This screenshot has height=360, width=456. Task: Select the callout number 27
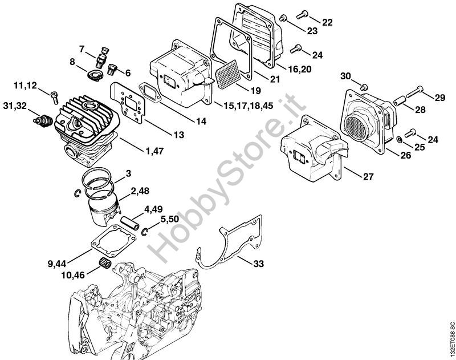(368, 176)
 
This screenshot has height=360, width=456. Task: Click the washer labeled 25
(401, 140)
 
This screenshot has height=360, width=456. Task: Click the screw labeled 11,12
(54, 95)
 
